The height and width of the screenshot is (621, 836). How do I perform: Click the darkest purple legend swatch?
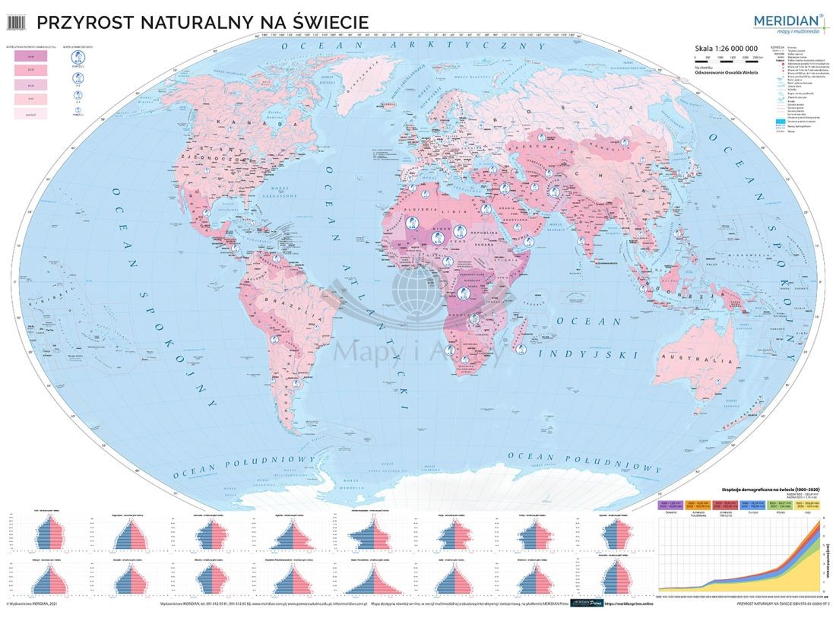(x=31, y=56)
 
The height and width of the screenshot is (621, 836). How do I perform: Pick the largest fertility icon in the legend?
(x=76, y=57)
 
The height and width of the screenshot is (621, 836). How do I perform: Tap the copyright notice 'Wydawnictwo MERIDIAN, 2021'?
(x=35, y=605)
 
